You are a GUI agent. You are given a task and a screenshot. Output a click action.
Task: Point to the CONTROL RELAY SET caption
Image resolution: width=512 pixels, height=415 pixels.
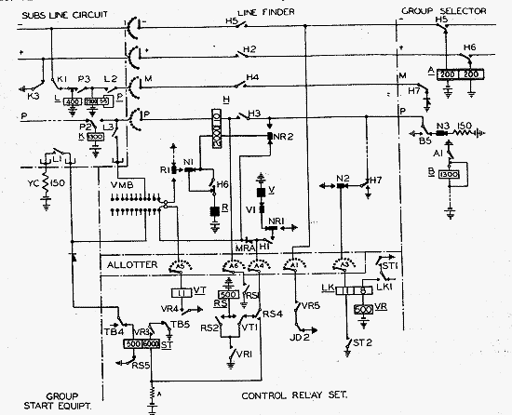click(x=295, y=395)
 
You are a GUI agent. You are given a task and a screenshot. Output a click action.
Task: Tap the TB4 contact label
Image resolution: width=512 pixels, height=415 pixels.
click(x=111, y=330)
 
